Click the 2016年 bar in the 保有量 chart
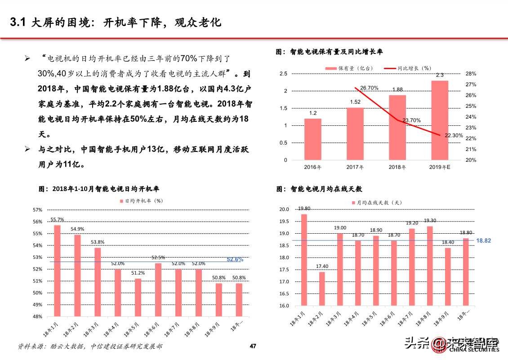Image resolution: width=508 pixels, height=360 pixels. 312,139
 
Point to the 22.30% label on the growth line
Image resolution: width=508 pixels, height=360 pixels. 454,135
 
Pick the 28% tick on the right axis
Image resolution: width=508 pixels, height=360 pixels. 471,74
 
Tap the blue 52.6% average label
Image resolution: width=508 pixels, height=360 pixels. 235,259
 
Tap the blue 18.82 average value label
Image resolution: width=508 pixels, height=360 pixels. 484,241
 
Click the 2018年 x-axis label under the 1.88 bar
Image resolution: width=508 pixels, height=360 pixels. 397,167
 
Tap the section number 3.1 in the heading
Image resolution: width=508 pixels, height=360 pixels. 19,22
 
